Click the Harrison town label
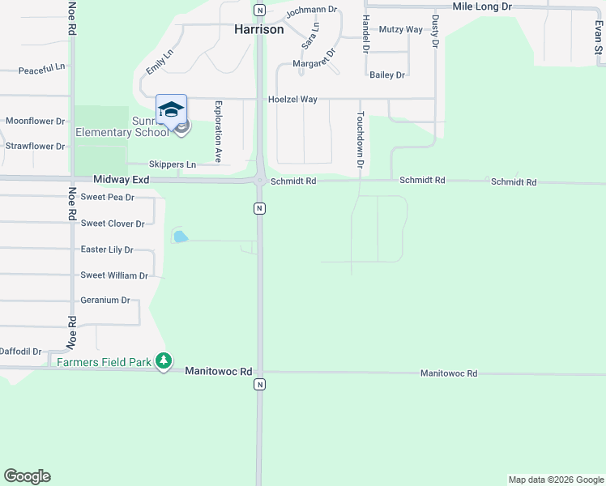259,29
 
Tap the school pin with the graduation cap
171,110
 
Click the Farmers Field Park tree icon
164,360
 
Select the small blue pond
181,237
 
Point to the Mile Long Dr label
483,6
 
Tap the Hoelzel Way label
292,100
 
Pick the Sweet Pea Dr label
108,198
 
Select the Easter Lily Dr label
107,250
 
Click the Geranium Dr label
105,301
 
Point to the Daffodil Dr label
19,352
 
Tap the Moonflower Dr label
35,122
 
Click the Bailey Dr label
386,75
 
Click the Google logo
27,476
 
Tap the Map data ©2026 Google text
556,480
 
